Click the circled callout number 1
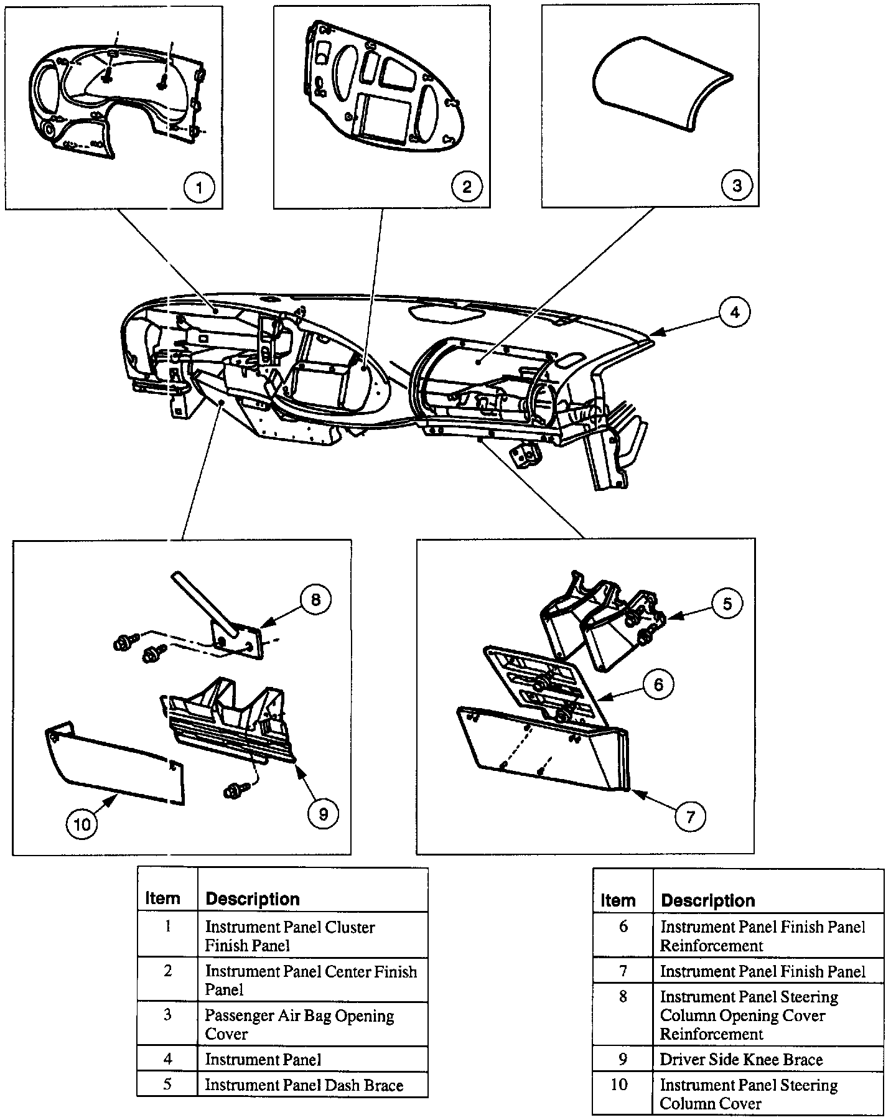tap(198, 187)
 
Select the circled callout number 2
tap(467, 186)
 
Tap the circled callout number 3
tap(737, 185)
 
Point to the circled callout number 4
tap(735, 312)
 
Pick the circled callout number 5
tap(727, 603)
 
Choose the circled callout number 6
tap(658, 685)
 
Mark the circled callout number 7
tap(690, 816)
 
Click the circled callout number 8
tap(315, 599)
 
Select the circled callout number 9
tap(323, 813)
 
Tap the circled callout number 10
tap(82, 824)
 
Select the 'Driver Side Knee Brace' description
tap(741, 1060)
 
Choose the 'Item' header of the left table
tap(162, 898)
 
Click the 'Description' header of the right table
tap(707, 900)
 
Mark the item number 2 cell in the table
tap(167, 971)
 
